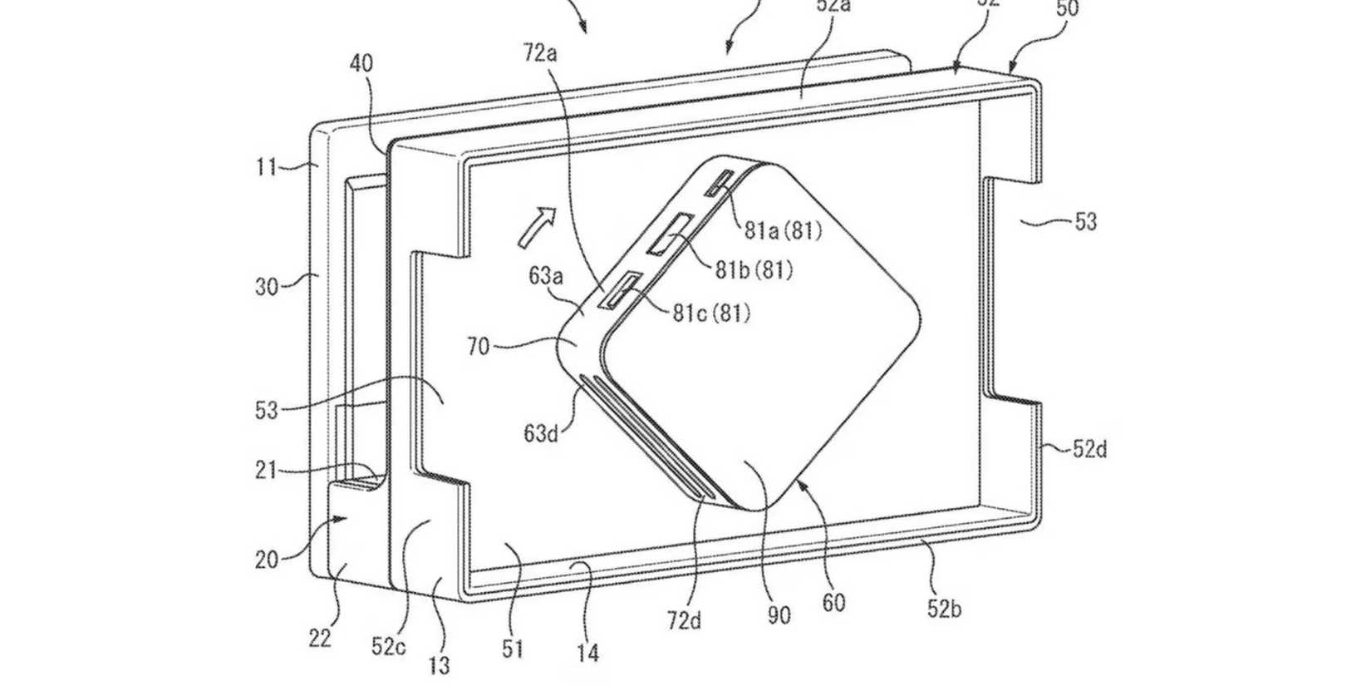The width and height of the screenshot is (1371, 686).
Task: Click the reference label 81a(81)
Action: click(x=782, y=229)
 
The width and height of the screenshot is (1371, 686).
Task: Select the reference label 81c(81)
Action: click(x=711, y=313)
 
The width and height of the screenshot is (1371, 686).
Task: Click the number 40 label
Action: click(x=361, y=63)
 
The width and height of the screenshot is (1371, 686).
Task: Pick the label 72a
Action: click(x=540, y=54)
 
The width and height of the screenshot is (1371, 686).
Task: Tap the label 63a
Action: click(x=546, y=275)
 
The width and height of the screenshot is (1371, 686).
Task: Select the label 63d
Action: click(x=541, y=433)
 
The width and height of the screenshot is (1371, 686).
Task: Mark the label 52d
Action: click(x=1089, y=450)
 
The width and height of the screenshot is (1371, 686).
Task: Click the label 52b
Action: click(x=944, y=609)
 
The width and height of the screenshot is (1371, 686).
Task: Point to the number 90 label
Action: click(x=779, y=616)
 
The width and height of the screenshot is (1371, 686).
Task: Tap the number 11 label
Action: click(x=266, y=167)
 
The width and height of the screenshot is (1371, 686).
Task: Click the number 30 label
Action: click(x=266, y=287)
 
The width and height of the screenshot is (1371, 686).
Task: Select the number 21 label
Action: click(x=266, y=471)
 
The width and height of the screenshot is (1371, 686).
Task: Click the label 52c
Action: click(x=389, y=646)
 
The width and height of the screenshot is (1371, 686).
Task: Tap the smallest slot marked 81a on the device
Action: click(x=717, y=184)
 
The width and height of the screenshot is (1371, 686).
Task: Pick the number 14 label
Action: click(x=587, y=654)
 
